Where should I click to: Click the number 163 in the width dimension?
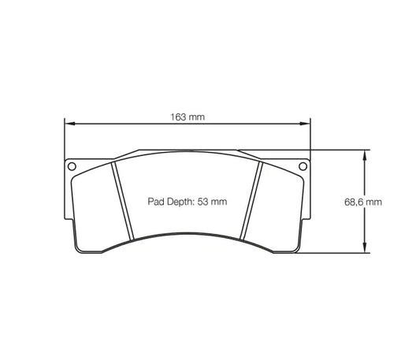(x=178, y=117)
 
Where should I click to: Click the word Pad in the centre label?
(x=156, y=202)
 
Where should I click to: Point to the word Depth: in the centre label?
(x=180, y=202)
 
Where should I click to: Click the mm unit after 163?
(x=196, y=117)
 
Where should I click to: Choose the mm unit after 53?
(x=221, y=202)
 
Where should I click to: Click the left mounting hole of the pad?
(x=72, y=166)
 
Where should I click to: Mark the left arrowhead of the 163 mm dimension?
(x=68, y=124)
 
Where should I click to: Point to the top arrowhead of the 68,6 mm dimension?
(x=363, y=154)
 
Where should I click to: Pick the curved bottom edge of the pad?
(x=187, y=234)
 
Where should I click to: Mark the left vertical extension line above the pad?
(x=63, y=142)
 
